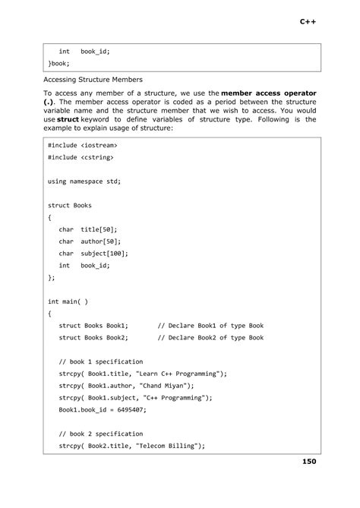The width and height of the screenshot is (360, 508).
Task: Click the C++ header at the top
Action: tap(308, 22)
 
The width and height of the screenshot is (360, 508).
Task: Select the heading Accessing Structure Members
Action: tap(93, 79)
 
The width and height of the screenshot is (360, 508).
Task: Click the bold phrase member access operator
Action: tap(269, 93)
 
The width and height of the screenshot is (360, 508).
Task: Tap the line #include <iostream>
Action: tap(82, 144)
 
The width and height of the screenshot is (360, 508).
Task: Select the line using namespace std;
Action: tap(84, 181)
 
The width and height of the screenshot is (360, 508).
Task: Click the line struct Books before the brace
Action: tap(69, 205)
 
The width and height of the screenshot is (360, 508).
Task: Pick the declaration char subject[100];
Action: tap(93, 254)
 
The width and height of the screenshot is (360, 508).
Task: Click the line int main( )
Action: tap(68, 301)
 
